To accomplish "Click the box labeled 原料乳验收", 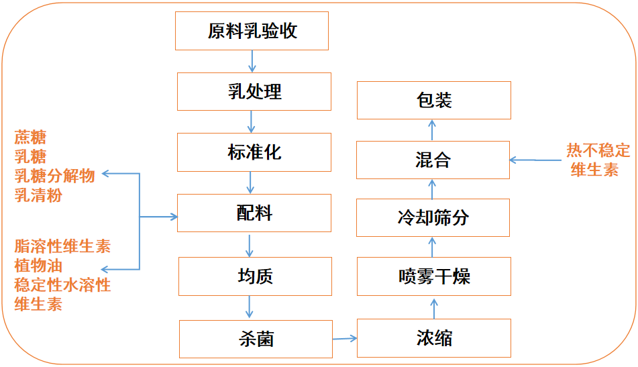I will tap(252, 31).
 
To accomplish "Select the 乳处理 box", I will tap(254, 91).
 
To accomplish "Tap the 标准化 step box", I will tap(254, 152).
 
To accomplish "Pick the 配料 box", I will tap(254, 213).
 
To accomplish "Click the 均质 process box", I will tap(255, 276).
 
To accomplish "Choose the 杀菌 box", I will tap(256, 339).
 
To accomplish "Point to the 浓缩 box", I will tap(433, 338).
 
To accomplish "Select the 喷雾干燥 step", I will tap(433, 276).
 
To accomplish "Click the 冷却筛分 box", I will tap(433, 217).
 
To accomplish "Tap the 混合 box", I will tap(433, 160).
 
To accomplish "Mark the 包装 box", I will tap(433, 101).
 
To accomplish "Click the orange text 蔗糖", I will tap(30, 138).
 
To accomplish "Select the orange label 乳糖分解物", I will tap(54, 176).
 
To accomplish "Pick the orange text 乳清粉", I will tap(38, 195).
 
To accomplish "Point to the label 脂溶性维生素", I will tap(62, 246).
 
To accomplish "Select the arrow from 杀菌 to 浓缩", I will tap(345, 339).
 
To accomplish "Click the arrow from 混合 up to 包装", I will tap(432, 130).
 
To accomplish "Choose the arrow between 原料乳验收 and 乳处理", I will tap(252, 61).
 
